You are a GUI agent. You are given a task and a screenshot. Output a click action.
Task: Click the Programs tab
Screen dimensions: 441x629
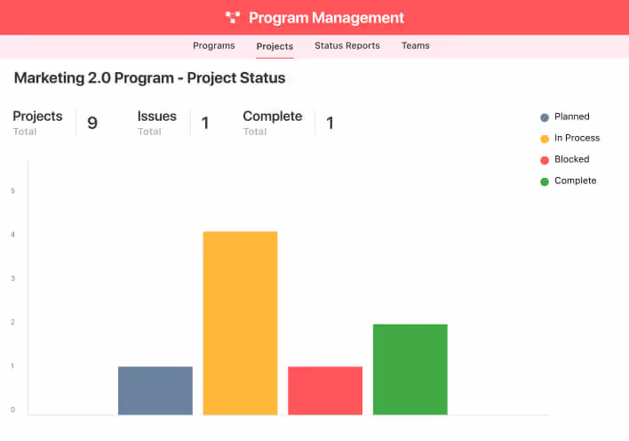point(213,45)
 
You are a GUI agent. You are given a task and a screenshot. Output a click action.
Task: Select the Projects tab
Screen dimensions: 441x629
point(275,46)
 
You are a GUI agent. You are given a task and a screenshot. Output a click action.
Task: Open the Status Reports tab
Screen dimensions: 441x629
point(346,45)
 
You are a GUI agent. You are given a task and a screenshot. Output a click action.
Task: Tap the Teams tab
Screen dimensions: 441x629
point(415,45)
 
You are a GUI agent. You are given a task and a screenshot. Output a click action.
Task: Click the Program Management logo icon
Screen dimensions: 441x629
point(233,17)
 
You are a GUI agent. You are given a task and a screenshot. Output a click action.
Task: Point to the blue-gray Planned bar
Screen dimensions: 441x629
point(155,390)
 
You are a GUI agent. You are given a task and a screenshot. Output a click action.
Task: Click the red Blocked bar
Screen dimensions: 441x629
point(325,390)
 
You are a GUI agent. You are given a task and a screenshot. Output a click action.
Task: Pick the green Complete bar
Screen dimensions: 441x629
point(410,369)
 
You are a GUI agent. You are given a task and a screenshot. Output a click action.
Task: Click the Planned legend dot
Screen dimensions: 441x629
point(545,117)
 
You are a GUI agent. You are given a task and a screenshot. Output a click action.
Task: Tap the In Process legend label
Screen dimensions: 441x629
point(577,138)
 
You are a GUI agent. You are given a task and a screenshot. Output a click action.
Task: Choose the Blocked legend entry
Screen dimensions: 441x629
point(571,159)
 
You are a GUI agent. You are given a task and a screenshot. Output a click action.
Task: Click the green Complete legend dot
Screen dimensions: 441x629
point(545,181)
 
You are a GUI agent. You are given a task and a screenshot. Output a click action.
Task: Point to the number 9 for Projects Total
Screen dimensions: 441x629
point(92,123)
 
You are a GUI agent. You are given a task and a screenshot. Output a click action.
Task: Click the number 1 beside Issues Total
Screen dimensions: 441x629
point(205,123)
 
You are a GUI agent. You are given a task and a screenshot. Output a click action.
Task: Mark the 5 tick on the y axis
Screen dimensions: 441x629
point(13,190)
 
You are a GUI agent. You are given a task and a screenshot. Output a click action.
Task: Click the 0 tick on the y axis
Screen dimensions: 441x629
point(13,410)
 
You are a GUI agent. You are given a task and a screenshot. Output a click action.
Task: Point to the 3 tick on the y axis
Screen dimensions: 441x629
point(13,278)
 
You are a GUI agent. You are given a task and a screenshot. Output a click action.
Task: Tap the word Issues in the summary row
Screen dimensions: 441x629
point(156,116)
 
